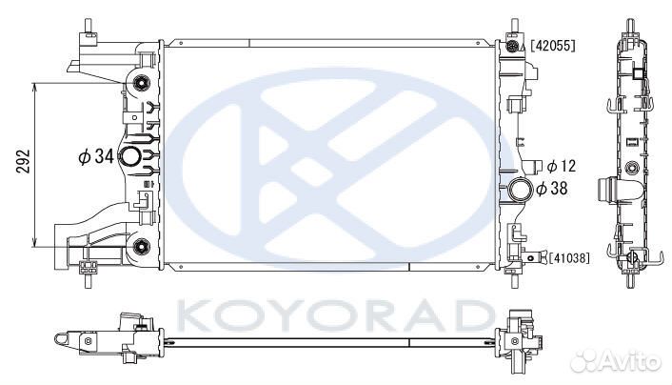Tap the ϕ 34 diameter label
tap(96, 156)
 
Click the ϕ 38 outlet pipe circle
tap(521, 188)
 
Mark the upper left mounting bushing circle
tap(145, 80)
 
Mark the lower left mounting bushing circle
tap(143, 249)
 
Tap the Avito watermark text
tap(632, 361)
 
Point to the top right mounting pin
tap(515, 26)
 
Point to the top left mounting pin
tap(89, 26)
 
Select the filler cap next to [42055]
tap(514, 46)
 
